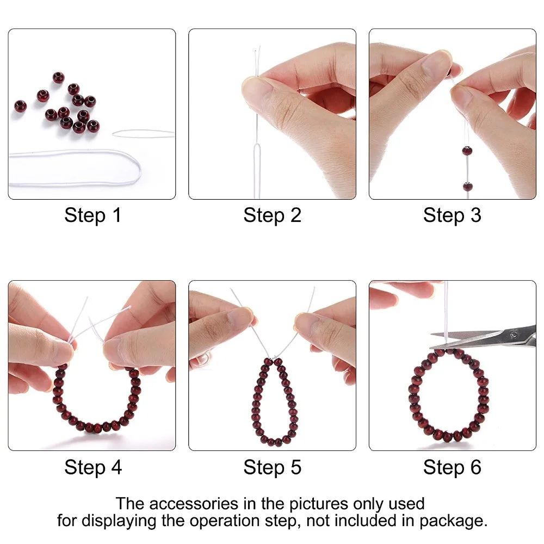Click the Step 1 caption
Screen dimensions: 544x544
92,215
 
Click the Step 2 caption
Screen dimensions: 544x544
272,215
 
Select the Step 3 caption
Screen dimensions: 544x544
452,215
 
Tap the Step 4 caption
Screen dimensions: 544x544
92,467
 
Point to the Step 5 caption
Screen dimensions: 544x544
272,467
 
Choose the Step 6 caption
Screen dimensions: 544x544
452,467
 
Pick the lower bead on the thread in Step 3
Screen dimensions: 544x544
467,187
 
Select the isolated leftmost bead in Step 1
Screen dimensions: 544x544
20,104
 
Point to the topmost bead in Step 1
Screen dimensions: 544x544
58,77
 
